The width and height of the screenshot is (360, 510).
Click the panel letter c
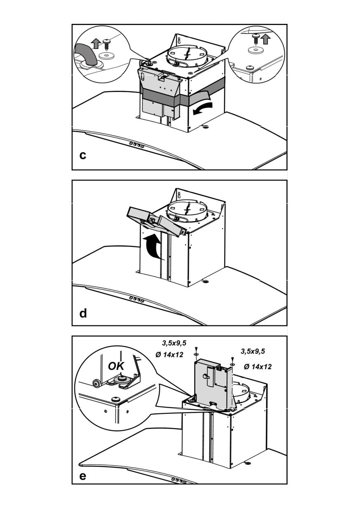coord(83,156)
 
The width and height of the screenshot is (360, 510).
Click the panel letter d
coord(83,313)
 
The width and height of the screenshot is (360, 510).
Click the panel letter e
coord(83,476)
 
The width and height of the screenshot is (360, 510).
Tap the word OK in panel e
coord(116,366)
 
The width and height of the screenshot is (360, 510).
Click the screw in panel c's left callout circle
coord(108,43)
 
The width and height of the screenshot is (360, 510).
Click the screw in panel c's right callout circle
coord(255,37)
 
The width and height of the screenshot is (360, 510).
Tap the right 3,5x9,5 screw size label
coord(253,351)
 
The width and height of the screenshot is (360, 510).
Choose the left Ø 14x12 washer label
coord(170,355)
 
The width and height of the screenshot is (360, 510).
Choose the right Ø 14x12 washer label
coord(258,366)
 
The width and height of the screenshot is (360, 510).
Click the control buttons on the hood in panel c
coord(136,145)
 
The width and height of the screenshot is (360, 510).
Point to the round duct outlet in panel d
coord(188,210)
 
